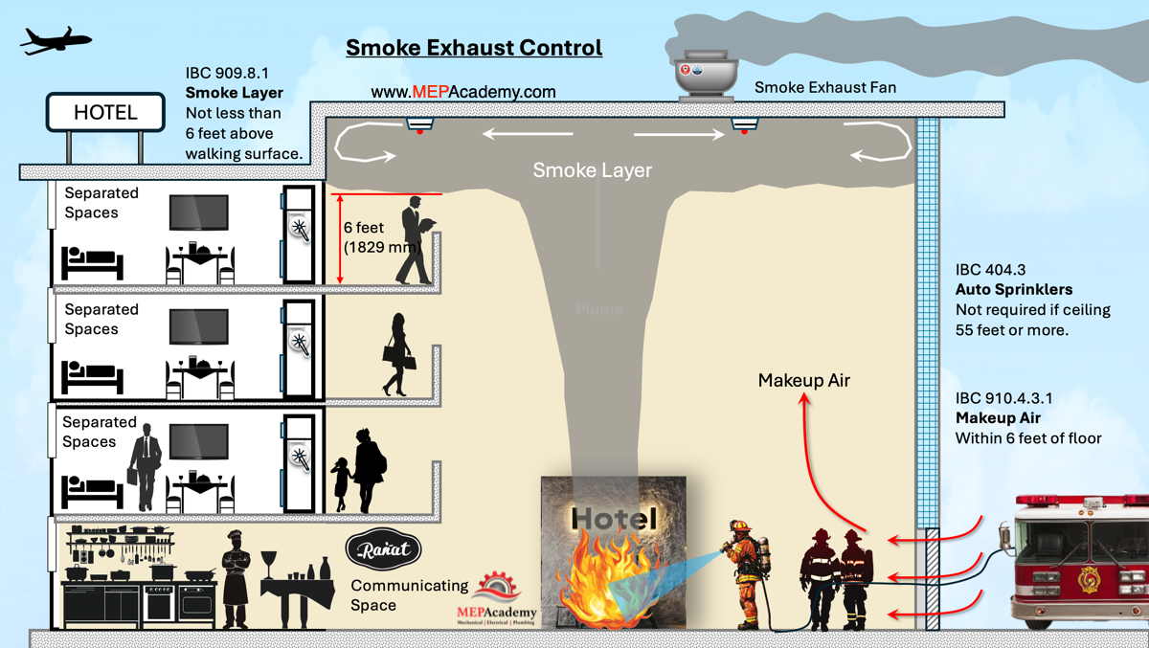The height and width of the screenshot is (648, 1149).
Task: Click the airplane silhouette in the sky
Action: click(56, 40)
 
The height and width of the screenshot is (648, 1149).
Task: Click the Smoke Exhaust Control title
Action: click(474, 48)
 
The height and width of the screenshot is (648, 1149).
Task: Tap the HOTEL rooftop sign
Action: click(105, 112)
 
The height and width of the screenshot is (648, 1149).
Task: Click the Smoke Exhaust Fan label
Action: click(824, 87)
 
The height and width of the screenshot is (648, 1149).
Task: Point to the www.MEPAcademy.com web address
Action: click(462, 92)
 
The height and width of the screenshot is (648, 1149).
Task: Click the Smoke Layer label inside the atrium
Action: click(592, 170)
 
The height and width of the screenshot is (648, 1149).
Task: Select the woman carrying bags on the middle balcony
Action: click(397, 355)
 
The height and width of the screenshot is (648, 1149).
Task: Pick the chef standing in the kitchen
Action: click(235, 578)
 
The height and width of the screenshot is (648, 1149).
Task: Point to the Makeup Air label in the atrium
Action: click(803, 381)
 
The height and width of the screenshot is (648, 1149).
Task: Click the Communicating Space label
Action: click(409, 594)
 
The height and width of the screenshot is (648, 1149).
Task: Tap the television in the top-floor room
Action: click(199, 212)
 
